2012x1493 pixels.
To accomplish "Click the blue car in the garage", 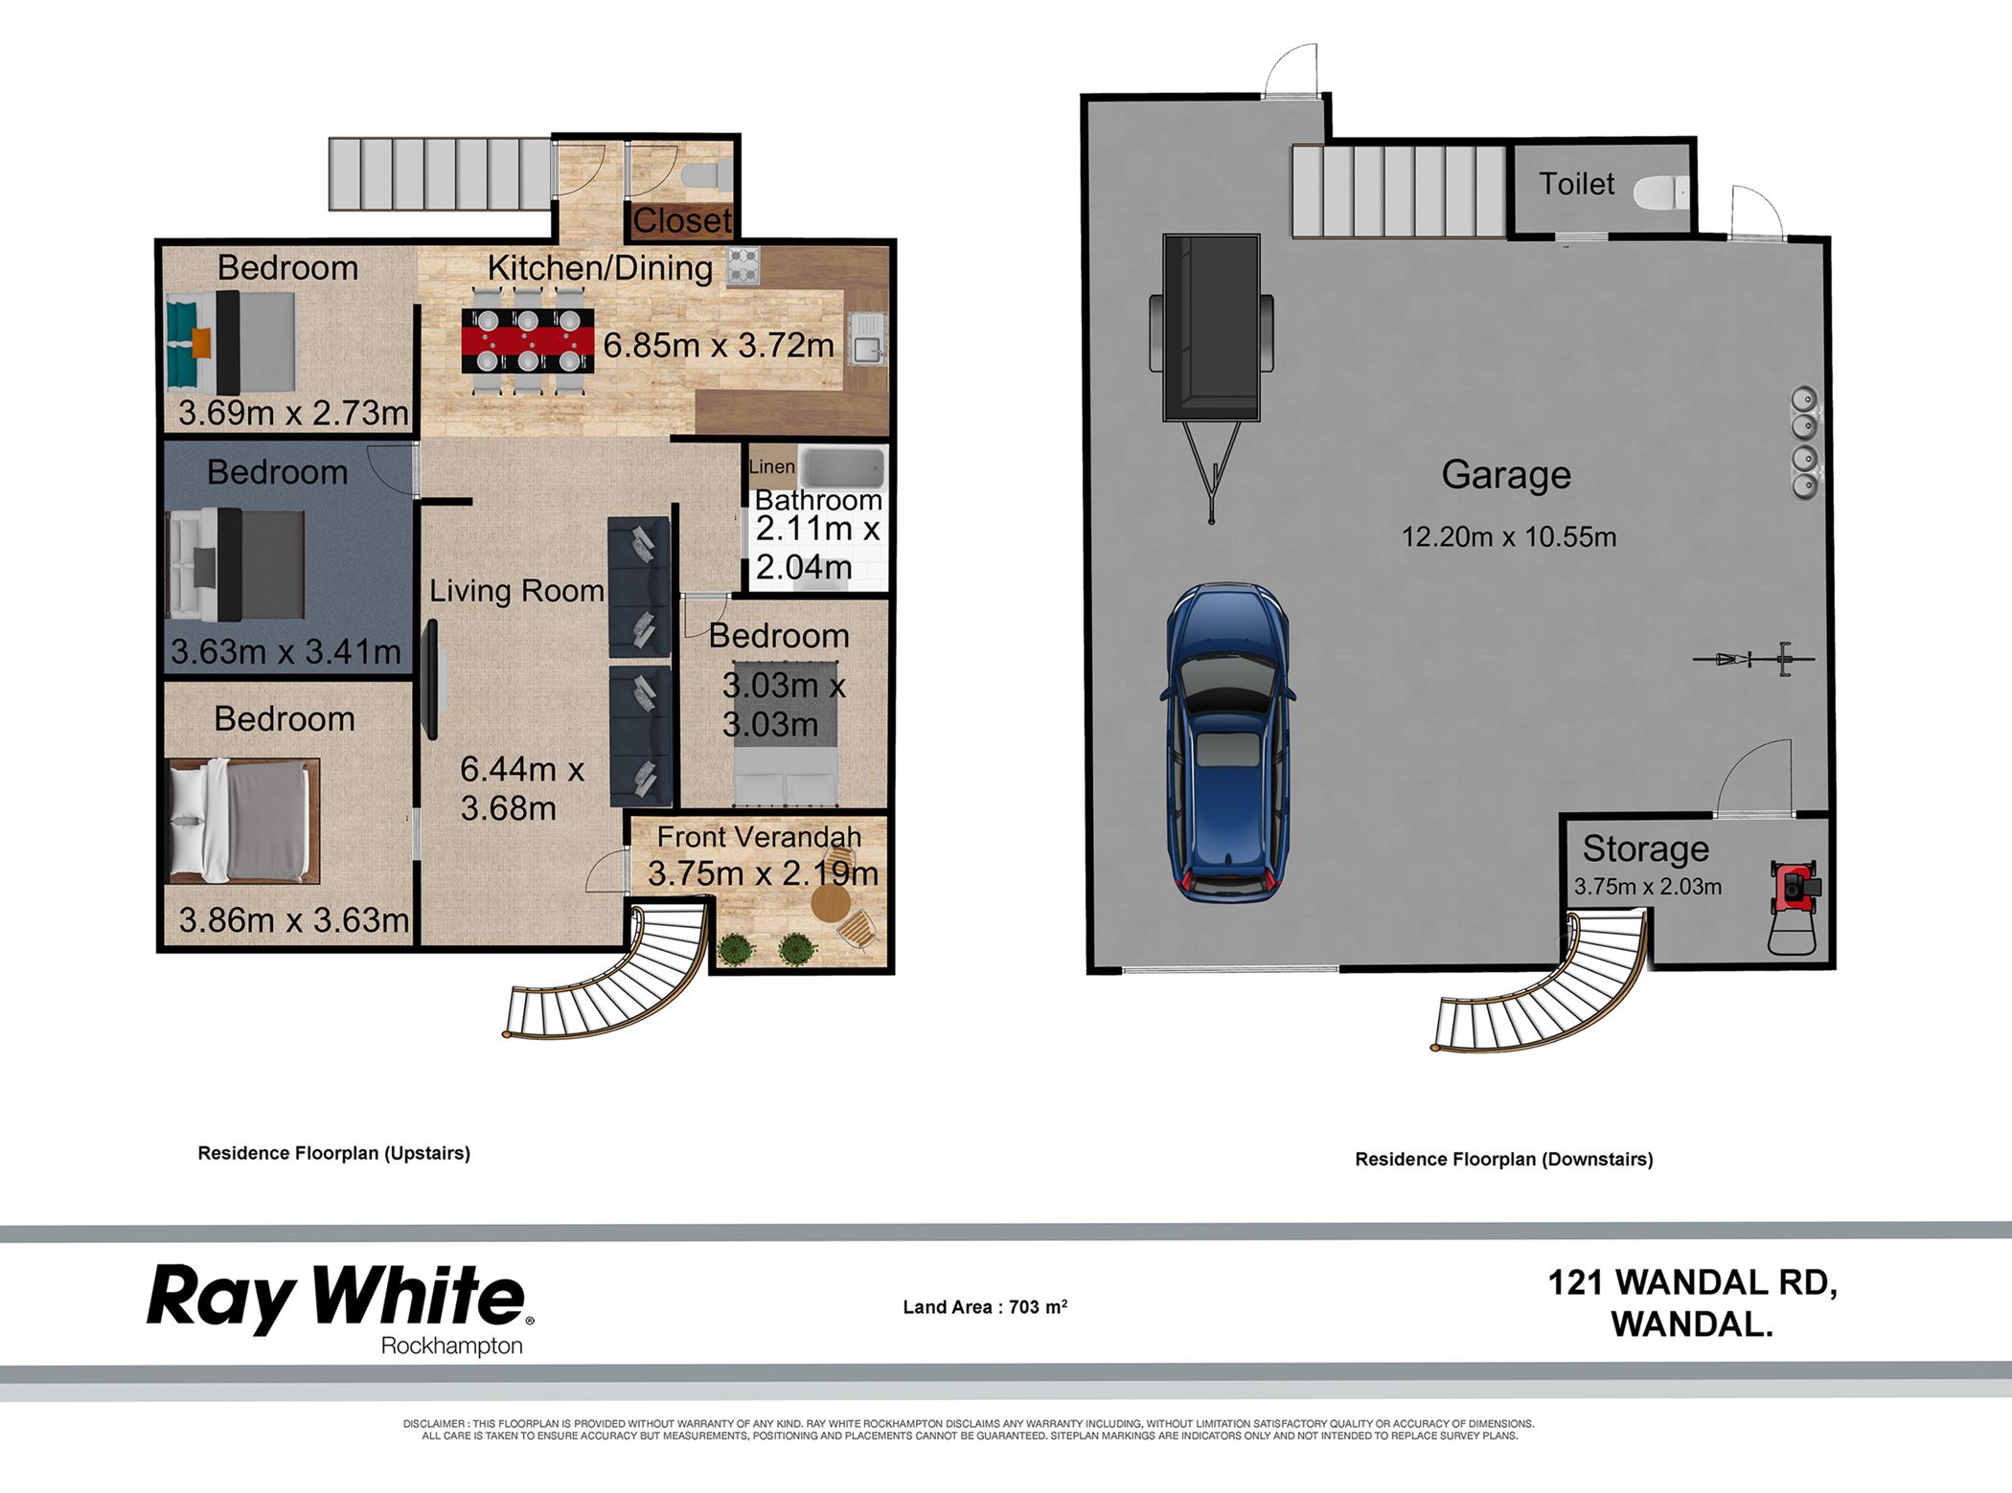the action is pos(1226,742).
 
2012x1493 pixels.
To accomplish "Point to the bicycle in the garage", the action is pos(1753,659).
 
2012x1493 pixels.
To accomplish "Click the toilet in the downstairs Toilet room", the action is pos(1660,192).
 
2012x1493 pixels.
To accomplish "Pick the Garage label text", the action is pos(1506,475).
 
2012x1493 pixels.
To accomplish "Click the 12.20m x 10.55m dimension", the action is pos(1509,536).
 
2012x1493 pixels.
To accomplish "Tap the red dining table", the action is pos(528,340).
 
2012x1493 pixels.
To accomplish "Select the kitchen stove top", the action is pos(743,266).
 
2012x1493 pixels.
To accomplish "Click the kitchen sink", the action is pos(867,339).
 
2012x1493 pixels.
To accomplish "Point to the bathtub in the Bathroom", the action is pos(842,468).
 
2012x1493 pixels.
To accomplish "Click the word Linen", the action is pos(771,466).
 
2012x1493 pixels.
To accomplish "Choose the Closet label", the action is pos(682,221).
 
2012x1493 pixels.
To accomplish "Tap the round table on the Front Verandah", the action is pos(830,902).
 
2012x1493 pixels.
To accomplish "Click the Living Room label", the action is pos(516,591).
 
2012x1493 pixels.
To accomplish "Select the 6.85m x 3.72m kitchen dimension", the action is pos(719,345).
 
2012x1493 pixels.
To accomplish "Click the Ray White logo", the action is pos(340,1308).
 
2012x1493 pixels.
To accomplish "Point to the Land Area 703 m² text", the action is pos(985,1307).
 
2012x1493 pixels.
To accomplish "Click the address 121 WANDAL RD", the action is pos(1692,1282).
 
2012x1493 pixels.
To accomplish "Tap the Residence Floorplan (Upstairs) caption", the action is pos(334,1153).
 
